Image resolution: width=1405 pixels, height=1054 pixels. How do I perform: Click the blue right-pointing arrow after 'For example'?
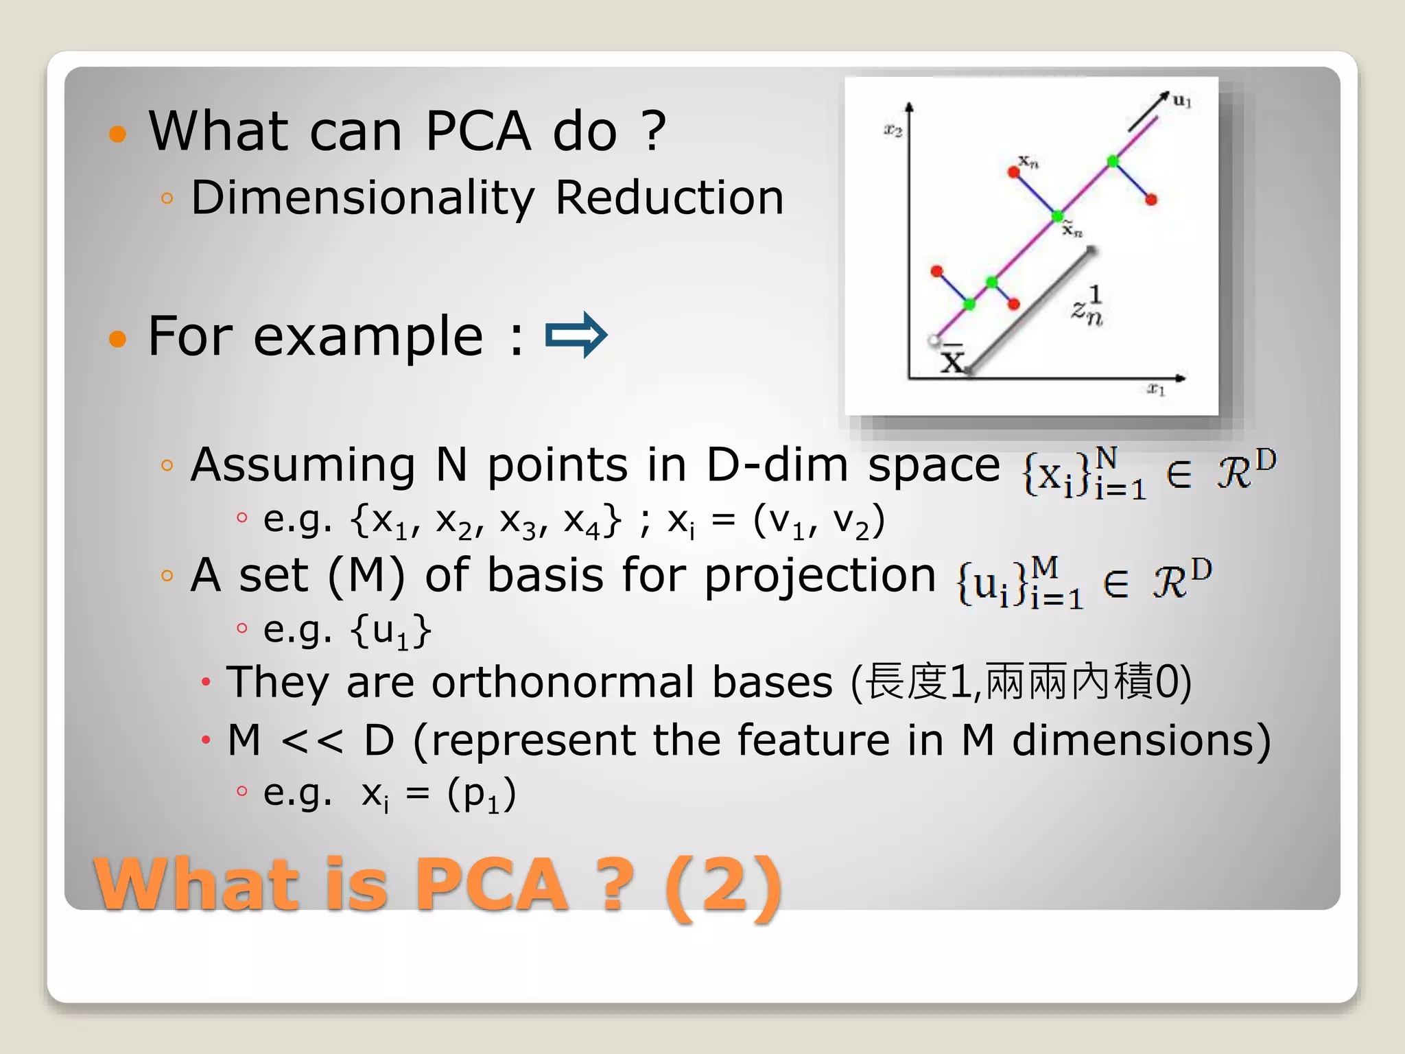point(576,335)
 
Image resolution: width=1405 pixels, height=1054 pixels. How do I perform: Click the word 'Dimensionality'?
point(362,198)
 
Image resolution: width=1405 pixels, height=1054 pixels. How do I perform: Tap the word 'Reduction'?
point(669,198)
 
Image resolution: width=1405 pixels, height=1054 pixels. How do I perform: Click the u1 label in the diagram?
point(1181,101)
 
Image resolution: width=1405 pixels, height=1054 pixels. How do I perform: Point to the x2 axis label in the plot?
point(893,130)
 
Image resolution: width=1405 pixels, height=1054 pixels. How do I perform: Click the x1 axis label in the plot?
point(1156,389)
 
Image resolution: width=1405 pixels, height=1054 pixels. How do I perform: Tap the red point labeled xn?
point(1013,172)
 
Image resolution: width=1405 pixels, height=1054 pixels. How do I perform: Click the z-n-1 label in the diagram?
point(1087,307)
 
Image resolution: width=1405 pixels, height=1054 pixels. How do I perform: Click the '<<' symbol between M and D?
point(311,741)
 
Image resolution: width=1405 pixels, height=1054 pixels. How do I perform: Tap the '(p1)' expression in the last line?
point(481,795)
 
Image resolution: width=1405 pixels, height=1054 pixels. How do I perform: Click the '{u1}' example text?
point(391,630)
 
